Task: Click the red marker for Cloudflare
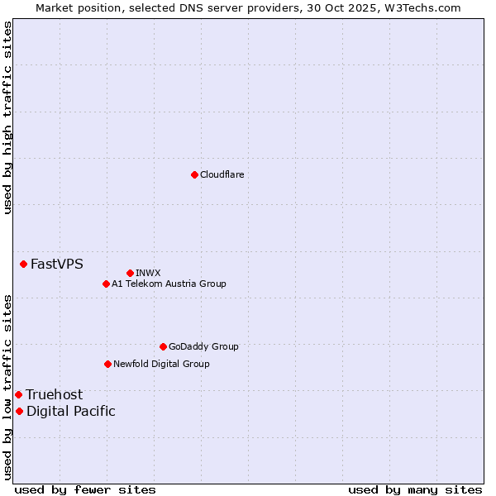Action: point(194,174)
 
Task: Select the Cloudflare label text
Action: point(222,174)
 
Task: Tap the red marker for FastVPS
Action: point(23,264)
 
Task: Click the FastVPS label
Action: point(56,265)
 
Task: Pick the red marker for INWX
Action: point(130,273)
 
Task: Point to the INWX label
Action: point(148,273)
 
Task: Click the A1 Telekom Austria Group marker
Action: point(106,284)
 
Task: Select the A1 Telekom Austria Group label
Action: point(169,284)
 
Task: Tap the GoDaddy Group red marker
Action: point(163,346)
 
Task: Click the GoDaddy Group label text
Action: point(203,346)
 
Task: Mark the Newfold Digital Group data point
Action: point(107,364)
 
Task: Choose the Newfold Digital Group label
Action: point(161,364)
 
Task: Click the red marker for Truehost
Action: point(18,394)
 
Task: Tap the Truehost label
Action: point(54,394)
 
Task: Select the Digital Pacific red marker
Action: point(19,411)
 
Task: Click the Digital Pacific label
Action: point(71,411)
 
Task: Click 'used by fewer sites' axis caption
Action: point(85,489)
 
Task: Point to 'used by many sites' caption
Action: point(415,489)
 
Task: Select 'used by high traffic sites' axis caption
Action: point(7,117)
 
